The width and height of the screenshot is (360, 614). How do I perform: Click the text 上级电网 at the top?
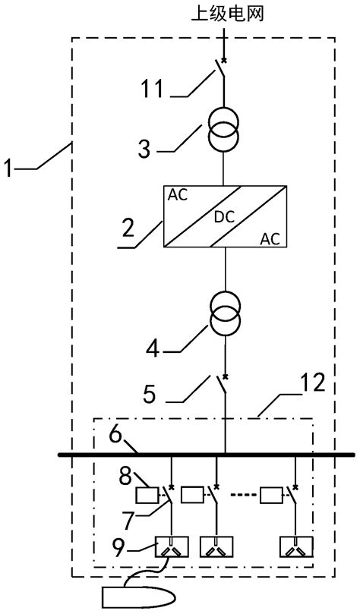(225, 14)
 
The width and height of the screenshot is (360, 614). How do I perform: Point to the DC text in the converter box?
(225, 216)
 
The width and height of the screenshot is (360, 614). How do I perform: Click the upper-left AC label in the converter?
(179, 194)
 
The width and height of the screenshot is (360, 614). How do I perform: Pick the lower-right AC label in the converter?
(270, 238)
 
